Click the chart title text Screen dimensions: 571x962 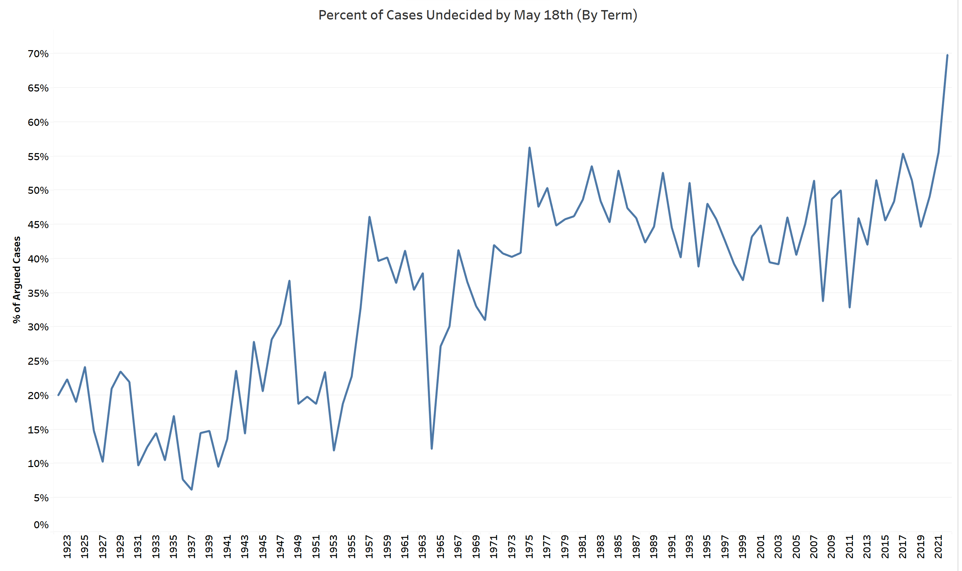click(478, 15)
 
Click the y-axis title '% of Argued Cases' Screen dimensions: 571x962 click(16, 280)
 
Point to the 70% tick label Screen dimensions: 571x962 click(38, 54)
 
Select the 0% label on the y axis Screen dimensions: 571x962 click(41, 525)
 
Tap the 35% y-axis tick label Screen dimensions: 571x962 click(38, 293)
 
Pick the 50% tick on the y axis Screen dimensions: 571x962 click(38, 190)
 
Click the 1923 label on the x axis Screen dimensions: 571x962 click(67, 546)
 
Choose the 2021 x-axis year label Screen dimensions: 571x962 click(938, 546)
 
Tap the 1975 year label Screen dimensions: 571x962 click(529, 546)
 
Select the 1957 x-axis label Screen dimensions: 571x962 click(369, 546)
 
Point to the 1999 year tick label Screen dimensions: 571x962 click(743, 546)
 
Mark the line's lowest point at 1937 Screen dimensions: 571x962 click(191, 490)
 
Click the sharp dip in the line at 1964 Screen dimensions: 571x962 click(432, 449)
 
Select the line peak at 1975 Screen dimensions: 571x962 click(529, 148)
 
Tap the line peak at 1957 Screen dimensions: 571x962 click(369, 217)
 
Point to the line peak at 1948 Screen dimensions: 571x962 click(289, 281)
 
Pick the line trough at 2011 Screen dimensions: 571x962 click(849, 307)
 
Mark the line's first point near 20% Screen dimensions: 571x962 click(58, 395)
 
